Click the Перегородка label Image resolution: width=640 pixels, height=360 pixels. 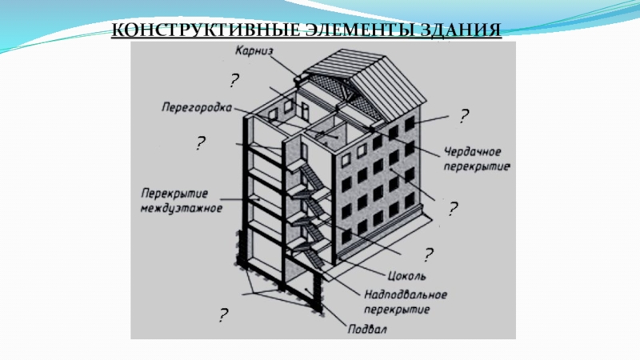(196, 106)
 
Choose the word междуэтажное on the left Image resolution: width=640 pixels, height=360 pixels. (182, 207)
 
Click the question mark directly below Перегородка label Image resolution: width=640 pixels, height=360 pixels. (200, 144)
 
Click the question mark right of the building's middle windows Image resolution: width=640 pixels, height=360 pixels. (453, 210)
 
